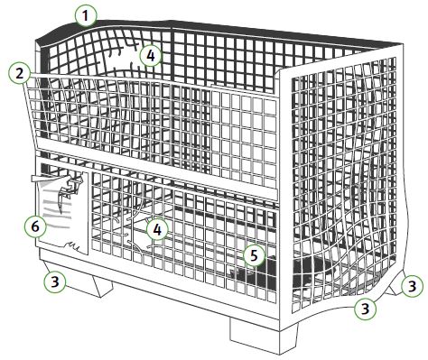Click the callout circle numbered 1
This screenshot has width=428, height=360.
86,16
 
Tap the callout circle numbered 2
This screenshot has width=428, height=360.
20,74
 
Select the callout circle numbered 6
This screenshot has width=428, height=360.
35,226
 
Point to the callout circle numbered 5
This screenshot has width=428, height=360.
255,256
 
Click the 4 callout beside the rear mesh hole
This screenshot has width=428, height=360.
151,56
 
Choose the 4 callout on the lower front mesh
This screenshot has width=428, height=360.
157,230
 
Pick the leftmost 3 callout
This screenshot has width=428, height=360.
55,282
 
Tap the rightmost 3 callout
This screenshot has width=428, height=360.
412,286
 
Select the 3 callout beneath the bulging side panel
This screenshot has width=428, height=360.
365,309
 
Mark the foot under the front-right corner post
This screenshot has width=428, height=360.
263,337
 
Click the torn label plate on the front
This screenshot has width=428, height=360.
63,210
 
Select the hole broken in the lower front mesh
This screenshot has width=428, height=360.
137,233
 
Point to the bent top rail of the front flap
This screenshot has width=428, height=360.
151,80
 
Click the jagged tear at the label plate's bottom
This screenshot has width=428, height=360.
72,246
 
